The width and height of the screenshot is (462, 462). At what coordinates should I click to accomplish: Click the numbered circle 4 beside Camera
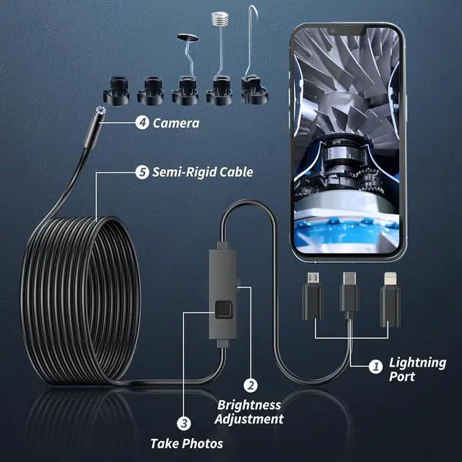point(142,123)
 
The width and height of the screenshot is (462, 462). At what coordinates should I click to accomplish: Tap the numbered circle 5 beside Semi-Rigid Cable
point(142,172)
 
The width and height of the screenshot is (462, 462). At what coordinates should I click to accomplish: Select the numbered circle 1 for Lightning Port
point(375,367)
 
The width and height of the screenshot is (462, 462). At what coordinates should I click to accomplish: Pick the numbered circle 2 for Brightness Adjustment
point(250,386)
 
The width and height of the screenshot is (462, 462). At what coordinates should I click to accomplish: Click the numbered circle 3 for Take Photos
point(184,424)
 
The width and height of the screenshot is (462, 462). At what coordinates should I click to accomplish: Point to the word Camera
point(176,123)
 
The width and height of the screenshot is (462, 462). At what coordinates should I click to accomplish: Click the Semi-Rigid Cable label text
point(203,172)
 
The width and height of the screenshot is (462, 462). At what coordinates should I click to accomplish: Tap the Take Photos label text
point(186,443)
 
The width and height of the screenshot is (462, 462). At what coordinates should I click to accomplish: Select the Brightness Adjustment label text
point(250,411)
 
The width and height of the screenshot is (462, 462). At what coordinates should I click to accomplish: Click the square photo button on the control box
point(223,312)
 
